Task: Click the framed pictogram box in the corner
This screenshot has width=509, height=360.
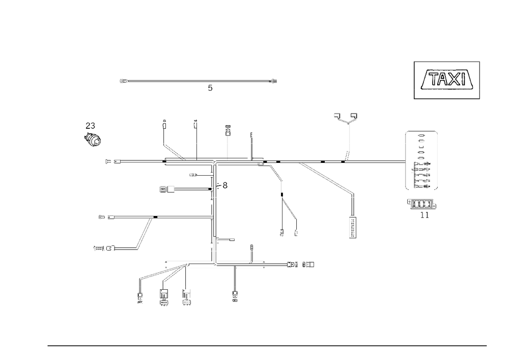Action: (x=447, y=80)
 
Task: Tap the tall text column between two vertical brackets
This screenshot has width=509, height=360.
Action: (x=421, y=159)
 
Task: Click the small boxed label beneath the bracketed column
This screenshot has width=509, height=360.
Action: (x=420, y=204)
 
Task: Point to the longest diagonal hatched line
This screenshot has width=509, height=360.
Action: (x=327, y=178)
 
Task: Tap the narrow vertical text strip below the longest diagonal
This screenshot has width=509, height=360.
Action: (x=351, y=226)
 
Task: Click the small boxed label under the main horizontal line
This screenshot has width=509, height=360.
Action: (x=167, y=189)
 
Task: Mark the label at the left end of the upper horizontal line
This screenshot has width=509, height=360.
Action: (x=112, y=162)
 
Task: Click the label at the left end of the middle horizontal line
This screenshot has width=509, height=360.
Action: (x=107, y=217)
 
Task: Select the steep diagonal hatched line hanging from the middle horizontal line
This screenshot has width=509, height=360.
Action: (x=145, y=233)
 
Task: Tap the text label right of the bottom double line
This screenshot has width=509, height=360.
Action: (x=301, y=265)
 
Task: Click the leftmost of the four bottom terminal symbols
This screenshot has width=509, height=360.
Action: (x=140, y=296)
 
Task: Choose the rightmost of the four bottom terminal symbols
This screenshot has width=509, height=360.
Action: (x=235, y=295)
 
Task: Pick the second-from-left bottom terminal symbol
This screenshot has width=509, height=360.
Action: (x=163, y=297)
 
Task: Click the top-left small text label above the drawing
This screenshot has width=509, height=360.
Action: (x=124, y=81)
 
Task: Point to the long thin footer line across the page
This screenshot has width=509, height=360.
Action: (x=267, y=345)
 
